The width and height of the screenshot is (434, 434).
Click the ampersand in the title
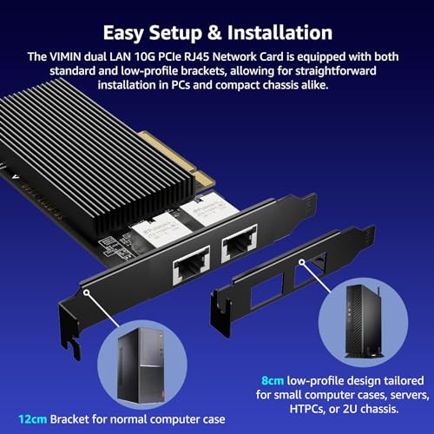click(x=214, y=33)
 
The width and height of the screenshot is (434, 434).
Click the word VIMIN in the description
click(x=65, y=56)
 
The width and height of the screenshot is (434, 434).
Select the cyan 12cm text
click(x=33, y=419)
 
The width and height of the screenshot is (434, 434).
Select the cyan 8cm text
click(x=273, y=380)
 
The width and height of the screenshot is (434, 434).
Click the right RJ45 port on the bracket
click(x=239, y=243)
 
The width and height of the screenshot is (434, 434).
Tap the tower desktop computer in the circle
click(x=141, y=366)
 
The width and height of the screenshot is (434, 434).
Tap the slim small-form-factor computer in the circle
click(x=364, y=322)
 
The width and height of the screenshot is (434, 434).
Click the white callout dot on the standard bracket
click(x=86, y=293)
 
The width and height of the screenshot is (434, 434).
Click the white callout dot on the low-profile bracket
click(x=302, y=262)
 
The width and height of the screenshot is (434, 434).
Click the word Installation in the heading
click(x=279, y=33)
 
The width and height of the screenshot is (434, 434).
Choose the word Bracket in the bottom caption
click(x=69, y=419)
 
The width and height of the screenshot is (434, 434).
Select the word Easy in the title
click(x=123, y=34)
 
